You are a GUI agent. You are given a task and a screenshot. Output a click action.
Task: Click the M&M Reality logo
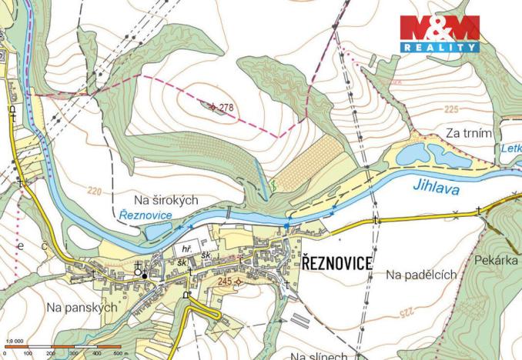tap(440, 34)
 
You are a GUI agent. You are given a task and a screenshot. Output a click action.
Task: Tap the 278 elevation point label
tap(226, 106)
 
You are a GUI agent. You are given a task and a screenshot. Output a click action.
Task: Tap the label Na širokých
tap(166, 200)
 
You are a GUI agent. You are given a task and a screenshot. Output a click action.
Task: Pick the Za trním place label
tap(468, 134)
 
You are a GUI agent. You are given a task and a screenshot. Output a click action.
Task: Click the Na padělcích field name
tap(421, 275)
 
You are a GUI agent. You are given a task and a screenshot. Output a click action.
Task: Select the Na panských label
tap(81, 307)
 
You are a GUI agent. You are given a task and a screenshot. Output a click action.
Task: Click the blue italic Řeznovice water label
tap(146, 215)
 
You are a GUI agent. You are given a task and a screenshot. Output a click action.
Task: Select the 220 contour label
tap(95, 190)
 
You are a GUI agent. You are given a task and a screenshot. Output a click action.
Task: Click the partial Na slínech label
tap(320, 355)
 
